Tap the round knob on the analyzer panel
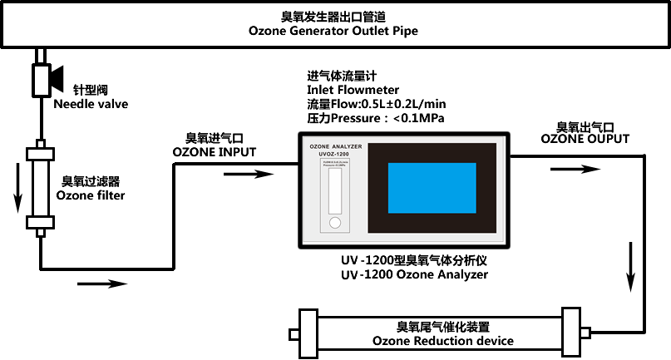coord(335,223)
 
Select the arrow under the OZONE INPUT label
coord(250,174)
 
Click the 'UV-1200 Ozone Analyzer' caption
coord(414,274)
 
